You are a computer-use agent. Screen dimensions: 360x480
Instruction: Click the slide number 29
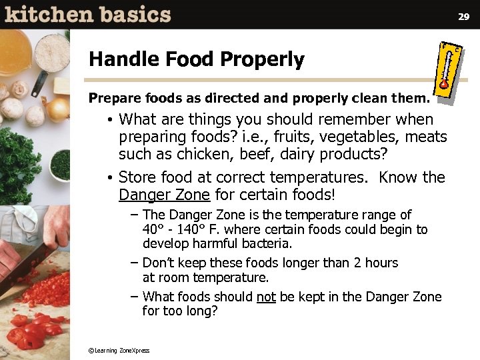464,16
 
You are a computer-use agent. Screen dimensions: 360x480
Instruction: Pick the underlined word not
266,297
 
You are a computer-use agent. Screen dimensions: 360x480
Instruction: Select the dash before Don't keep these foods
135,263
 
